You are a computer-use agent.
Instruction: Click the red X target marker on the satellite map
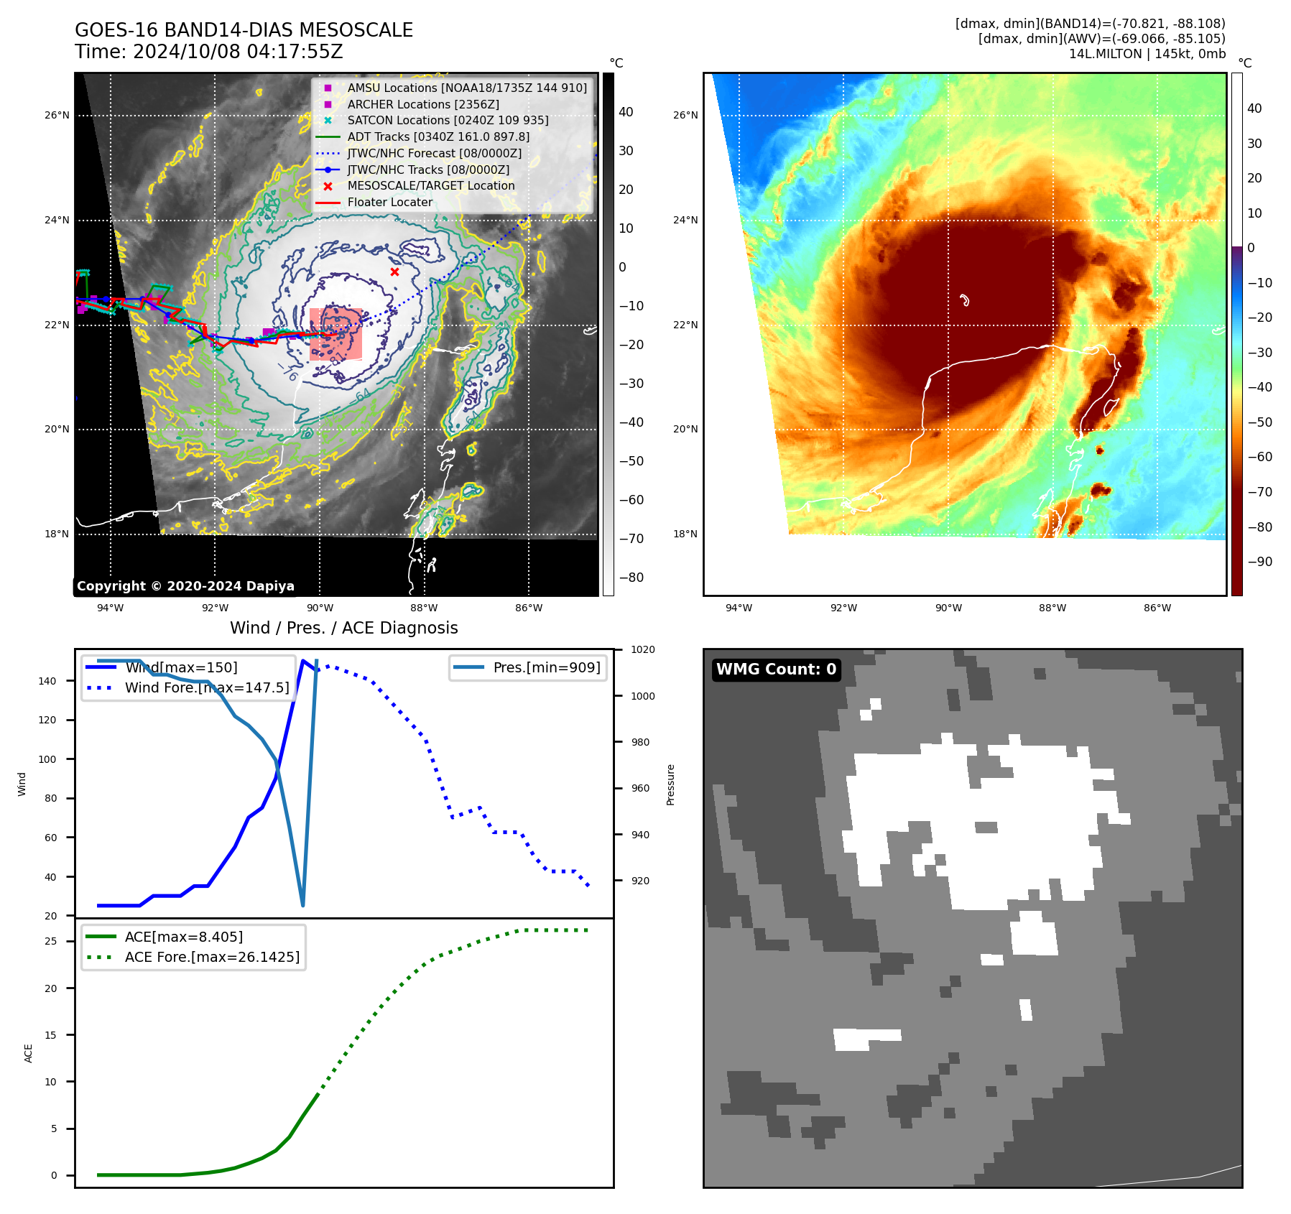(394, 272)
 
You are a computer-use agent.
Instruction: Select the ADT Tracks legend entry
(438, 136)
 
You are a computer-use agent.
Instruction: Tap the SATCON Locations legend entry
(448, 120)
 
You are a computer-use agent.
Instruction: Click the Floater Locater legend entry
(389, 202)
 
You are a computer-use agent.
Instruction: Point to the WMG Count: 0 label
(776, 669)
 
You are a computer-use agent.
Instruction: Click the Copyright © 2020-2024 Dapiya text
(185, 586)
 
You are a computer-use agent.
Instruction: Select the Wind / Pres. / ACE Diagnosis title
(343, 628)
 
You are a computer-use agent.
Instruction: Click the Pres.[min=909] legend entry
(546, 667)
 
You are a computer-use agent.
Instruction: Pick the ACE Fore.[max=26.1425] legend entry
(212, 957)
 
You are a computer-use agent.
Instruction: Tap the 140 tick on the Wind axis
(47, 681)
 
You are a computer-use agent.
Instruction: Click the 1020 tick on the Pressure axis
(642, 650)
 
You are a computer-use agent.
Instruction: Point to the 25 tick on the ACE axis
(51, 941)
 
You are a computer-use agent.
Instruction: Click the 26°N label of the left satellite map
(57, 115)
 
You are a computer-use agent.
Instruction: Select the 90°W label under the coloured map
(948, 608)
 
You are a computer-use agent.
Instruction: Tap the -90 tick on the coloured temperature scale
(1259, 562)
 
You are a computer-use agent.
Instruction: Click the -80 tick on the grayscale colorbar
(631, 578)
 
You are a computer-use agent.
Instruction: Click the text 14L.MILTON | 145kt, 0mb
(1147, 54)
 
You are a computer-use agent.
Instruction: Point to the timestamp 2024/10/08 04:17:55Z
(238, 52)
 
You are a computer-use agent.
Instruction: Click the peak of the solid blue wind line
(303, 660)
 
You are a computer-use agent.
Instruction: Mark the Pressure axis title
(670, 784)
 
